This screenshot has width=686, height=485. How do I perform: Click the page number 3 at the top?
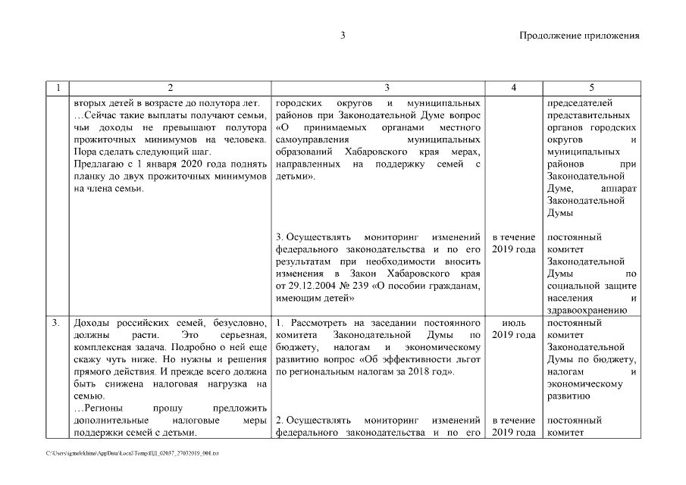pos(343,36)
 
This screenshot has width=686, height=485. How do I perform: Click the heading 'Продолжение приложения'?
pos(579,36)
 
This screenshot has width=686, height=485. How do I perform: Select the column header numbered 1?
pos(58,88)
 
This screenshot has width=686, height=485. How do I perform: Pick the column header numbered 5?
pos(591,88)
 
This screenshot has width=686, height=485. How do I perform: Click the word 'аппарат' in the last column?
pos(618,189)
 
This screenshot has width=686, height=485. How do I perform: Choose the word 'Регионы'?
pos(105,408)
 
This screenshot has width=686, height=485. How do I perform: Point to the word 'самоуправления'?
pos(314,139)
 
